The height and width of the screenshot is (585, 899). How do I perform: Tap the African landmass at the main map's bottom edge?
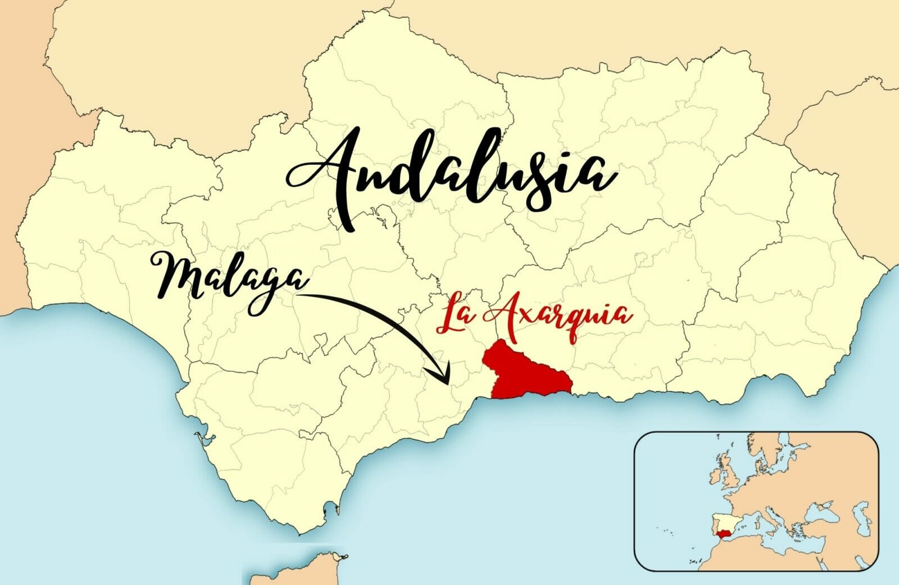pos(292,577)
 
